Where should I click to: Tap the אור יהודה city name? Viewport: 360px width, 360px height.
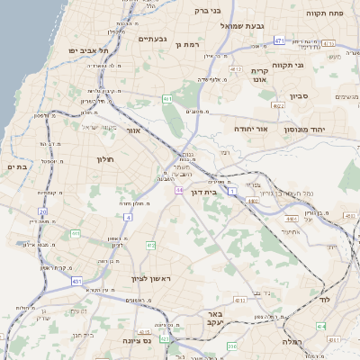pyautogui.click(x=252, y=129)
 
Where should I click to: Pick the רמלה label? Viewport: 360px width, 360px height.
pyautogui.click(x=292, y=342)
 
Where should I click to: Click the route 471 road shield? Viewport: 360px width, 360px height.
pyautogui.click(x=280, y=41)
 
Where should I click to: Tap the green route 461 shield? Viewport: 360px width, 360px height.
pyautogui.click(x=167, y=98)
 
